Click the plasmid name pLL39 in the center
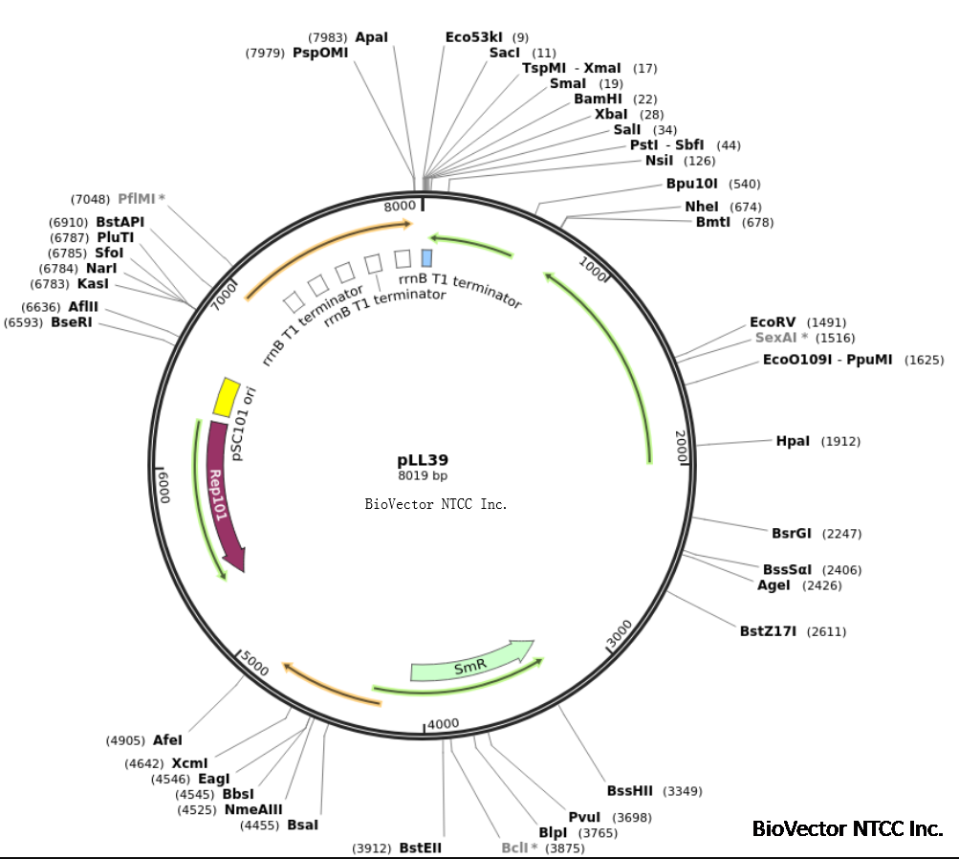coord(423,460)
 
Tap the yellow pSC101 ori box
coord(226,397)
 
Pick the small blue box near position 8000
coord(426,257)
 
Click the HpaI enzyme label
coord(793,441)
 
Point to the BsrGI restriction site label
coord(790,533)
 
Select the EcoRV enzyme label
coord(772,322)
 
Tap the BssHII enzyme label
coord(630,791)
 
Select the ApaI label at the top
coord(371,37)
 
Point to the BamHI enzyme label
coord(598,99)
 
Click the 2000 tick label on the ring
coord(680,446)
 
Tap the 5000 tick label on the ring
coord(253,660)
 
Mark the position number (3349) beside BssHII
coord(682,791)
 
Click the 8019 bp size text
coord(423,475)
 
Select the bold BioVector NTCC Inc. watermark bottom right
coord(847,828)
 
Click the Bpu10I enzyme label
coord(692,183)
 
